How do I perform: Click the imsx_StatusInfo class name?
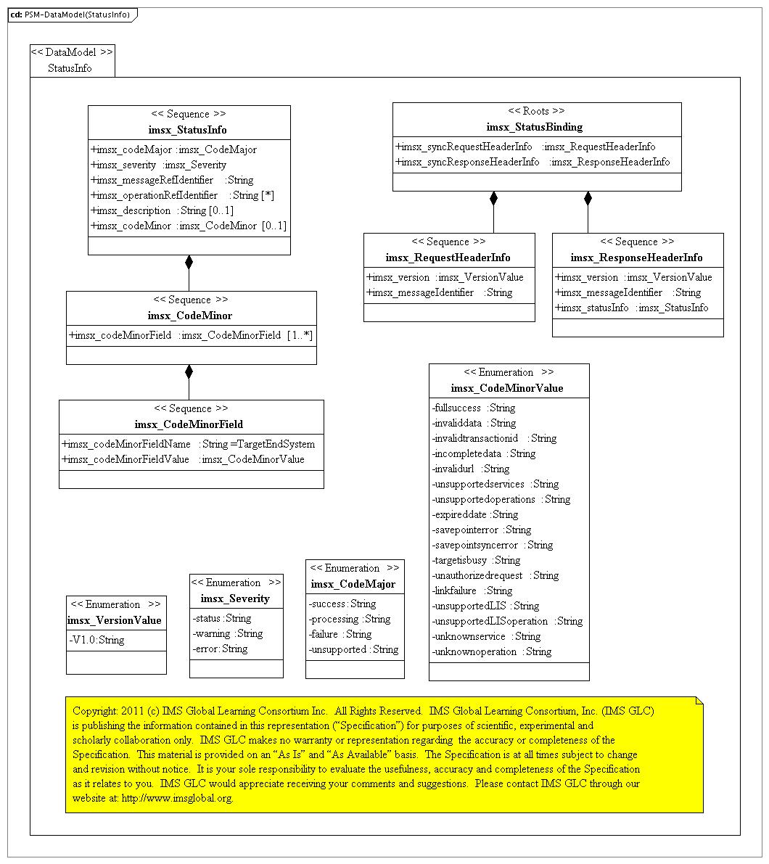[188, 130]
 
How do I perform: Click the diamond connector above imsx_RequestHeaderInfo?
[493, 198]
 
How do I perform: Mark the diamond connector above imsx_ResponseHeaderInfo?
[588, 198]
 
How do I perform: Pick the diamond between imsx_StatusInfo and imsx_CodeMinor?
[189, 263]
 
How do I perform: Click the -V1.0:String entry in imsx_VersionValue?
[96, 640]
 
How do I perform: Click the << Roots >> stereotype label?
[536, 111]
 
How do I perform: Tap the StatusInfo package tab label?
[70, 69]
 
